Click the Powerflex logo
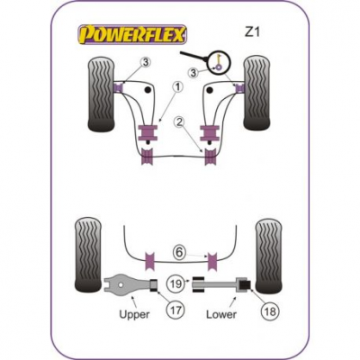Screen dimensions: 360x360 click(132, 34)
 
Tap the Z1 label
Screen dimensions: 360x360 click(252, 32)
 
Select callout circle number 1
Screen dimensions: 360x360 click(177, 87)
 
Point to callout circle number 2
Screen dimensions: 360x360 click(180, 122)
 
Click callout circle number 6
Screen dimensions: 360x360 click(179, 252)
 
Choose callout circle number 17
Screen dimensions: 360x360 click(175, 310)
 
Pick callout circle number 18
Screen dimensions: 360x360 click(270, 311)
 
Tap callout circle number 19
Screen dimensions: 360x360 click(175, 283)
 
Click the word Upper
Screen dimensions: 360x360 click(134, 314)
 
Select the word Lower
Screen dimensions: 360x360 click(221, 314)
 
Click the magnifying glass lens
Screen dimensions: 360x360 click(219, 64)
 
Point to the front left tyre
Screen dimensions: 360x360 click(102, 94)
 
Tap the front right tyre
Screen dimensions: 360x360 click(257, 93)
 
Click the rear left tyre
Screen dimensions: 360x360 click(87, 255)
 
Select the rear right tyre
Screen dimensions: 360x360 click(269, 256)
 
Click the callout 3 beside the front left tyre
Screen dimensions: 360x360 click(146, 63)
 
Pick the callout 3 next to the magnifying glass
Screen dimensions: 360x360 click(193, 73)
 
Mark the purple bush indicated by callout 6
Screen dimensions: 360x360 click(212, 261)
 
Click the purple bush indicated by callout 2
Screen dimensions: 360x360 click(210, 156)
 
